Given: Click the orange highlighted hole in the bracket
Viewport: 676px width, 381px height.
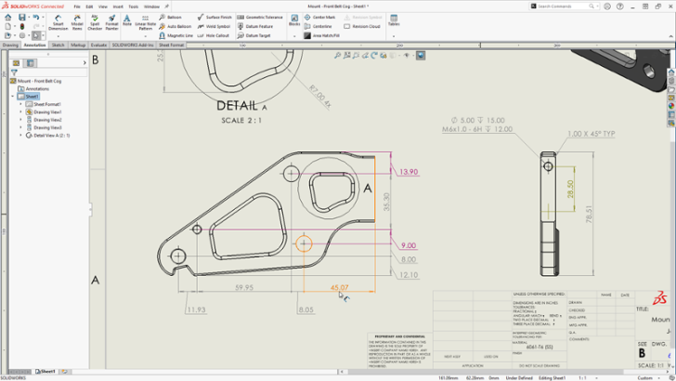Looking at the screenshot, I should coord(303,243).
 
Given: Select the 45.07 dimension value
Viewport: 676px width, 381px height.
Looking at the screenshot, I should coord(339,288).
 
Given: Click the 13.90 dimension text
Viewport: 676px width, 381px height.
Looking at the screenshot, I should coord(408,172).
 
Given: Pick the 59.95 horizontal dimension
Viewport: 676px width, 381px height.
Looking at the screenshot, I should coord(245,288).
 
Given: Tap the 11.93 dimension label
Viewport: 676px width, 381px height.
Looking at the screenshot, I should coord(196,309).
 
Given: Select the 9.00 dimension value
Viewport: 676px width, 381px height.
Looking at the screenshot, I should coord(409,245).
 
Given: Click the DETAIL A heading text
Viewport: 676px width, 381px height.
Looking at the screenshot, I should coord(241,106).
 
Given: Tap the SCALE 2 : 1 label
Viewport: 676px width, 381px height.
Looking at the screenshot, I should coord(241,121).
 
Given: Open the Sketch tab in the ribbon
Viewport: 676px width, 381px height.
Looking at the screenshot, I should coord(58,44).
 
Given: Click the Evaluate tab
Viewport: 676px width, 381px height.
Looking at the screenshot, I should coord(97,44).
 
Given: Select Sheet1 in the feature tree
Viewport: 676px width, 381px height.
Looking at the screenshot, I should coord(32,96).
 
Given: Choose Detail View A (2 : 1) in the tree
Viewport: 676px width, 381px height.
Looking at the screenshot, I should coord(51,135).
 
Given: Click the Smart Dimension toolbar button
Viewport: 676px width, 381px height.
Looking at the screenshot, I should coord(58,24).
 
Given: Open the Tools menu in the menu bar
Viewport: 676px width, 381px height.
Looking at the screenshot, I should coord(134,6).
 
